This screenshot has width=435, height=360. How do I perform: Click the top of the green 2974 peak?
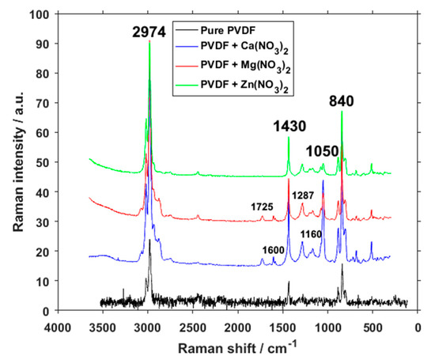pyautogui.click(x=149, y=41)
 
